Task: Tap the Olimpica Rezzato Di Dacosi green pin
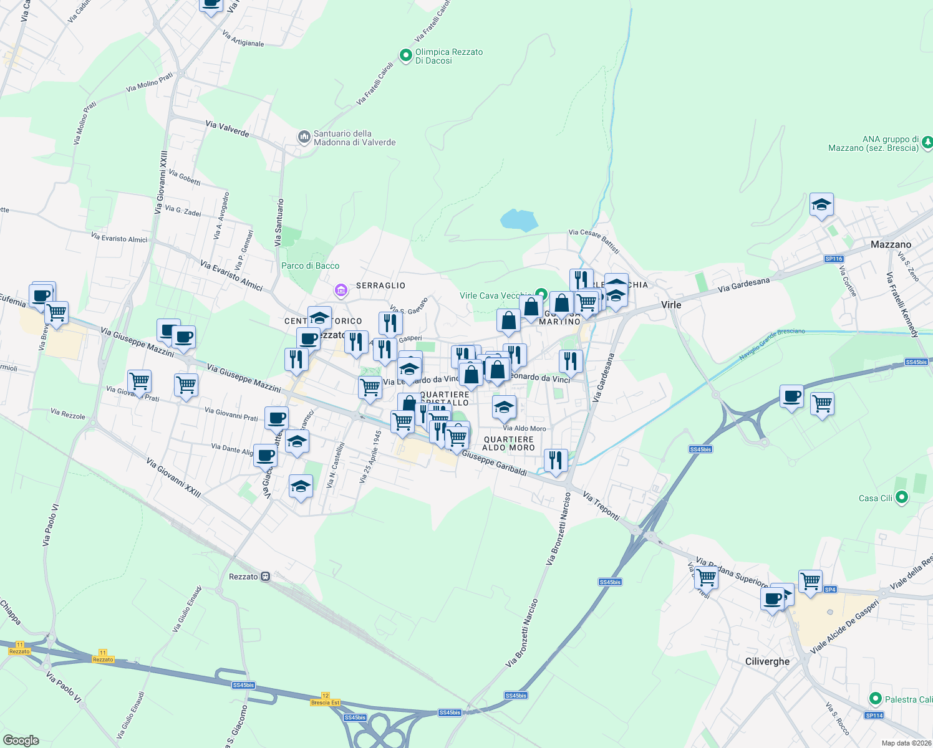tap(406, 56)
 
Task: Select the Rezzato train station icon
tap(266, 577)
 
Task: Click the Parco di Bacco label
tap(310, 266)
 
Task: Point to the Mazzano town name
tap(891, 244)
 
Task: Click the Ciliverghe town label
tap(767, 661)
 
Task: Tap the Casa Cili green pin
tap(901, 497)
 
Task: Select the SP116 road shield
tap(834, 259)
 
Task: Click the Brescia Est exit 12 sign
tap(326, 699)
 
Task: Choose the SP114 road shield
tap(874, 715)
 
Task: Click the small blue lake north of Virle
tap(519, 220)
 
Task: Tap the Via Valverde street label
tap(227, 129)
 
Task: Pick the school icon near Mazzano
tap(821, 205)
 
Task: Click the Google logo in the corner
tap(21, 740)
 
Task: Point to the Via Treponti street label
tap(601, 506)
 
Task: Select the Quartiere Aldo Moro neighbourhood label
tap(508, 443)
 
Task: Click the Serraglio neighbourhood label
tap(380, 285)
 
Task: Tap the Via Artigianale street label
tap(243, 39)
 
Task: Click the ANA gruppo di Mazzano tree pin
tap(927, 143)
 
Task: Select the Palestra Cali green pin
tap(875, 699)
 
